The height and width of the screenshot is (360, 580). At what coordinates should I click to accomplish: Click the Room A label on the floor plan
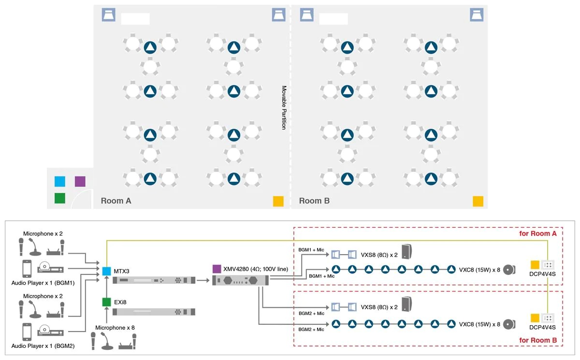click(116, 201)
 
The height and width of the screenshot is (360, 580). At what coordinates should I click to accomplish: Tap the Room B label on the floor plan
click(314, 201)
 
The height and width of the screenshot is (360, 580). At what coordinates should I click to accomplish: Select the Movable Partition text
click(284, 108)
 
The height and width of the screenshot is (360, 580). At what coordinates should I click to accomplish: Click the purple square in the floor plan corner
click(80, 181)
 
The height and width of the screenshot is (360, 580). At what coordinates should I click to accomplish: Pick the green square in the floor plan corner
click(60, 198)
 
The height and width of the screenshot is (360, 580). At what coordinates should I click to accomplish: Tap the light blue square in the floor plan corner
click(60, 181)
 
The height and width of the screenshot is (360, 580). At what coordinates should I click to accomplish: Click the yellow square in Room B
click(478, 201)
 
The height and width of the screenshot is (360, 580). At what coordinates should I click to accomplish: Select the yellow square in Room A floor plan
click(278, 201)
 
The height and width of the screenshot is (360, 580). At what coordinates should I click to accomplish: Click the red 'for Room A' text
click(538, 234)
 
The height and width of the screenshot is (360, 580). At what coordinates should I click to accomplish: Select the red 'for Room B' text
click(538, 340)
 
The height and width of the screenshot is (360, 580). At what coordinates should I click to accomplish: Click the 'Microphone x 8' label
click(115, 328)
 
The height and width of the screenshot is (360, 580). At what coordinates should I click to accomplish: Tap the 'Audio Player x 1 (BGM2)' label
click(43, 346)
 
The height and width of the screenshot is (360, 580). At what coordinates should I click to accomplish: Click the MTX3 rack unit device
click(154, 280)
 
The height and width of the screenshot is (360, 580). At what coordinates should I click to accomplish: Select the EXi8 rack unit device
click(154, 312)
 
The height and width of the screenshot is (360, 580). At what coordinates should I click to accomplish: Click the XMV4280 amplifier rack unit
click(242, 281)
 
